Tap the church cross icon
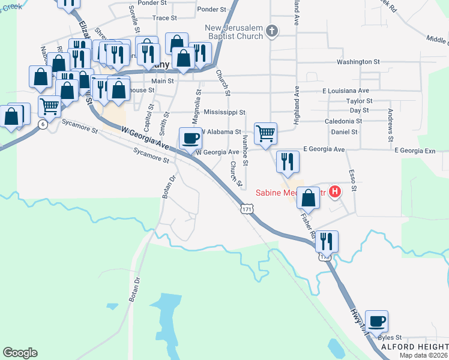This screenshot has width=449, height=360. click(x=271, y=31)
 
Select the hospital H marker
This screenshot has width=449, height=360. click(x=336, y=192)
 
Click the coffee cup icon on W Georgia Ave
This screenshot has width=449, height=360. click(x=190, y=138)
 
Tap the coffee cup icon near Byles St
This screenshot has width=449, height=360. click(x=376, y=321)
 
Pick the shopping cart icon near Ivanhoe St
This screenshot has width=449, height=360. click(x=265, y=133)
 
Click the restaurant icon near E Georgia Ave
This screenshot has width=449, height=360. click(x=288, y=161)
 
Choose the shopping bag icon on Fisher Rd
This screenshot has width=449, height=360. click(x=309, y=197)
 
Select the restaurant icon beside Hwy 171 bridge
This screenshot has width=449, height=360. click(x=327, y=241)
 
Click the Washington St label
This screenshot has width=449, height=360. click(x=358, y=62)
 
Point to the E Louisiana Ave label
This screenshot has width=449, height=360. click(x=345, y=91)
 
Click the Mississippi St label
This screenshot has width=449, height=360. click(x=224, y=112)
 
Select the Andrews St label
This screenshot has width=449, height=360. click(x=390, y=121)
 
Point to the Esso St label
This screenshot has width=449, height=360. click(x=353, y=180)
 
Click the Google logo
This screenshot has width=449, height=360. click(x=20, y=353)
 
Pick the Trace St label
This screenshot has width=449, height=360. click(x=160, y=18)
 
